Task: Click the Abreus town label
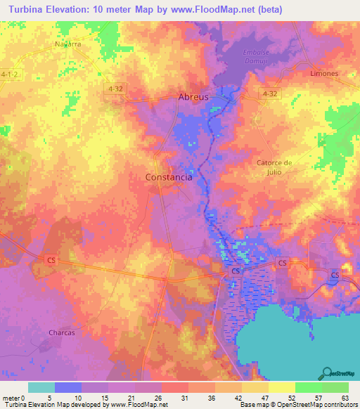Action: [x=193, y=97]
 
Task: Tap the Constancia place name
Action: [x=169, y=178]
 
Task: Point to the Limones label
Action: [x=324, y=73]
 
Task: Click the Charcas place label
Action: [x=61, y=332]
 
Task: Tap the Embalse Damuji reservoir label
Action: [x=256, y=58]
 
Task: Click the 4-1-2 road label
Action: [x=10, y=73]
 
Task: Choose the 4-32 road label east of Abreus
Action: [x=269, y=93]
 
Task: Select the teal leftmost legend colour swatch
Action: [x=41, y=387]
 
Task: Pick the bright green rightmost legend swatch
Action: [x=335, y=387]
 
